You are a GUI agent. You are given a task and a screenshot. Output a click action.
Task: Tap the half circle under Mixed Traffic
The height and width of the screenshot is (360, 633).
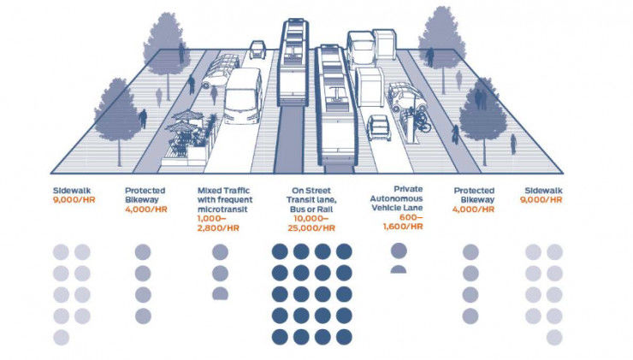[220, 293]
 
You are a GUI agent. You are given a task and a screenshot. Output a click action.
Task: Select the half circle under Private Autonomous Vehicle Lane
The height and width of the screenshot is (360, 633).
[399, 269]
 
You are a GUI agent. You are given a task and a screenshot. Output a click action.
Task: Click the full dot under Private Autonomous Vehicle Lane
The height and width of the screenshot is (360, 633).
[399, 251]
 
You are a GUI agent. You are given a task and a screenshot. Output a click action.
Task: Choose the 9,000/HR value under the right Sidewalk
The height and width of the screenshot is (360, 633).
[543, 200]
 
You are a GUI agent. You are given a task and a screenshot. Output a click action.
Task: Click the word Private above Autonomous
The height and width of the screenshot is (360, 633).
[409, 188]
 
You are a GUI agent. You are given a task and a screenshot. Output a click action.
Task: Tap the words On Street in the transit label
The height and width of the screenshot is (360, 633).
[312, 190]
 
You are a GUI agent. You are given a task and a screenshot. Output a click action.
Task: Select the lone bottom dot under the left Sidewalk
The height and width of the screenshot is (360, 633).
[62, 337]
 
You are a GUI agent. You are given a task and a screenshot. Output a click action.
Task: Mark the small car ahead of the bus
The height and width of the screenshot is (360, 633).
[257, 50]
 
